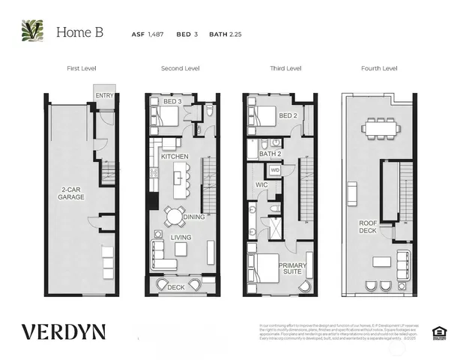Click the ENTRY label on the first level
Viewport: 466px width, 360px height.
pos(103,95)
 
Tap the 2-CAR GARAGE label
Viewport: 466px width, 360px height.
pos(73,193)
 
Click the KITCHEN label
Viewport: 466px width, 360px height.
pos(175,156)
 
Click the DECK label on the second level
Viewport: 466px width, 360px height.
pos(175,286)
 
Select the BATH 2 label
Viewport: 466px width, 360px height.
pos(269,154)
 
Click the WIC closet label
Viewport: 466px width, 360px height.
pos(261,184)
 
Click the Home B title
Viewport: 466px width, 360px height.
pos(79,32)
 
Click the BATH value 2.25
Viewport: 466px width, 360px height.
pos(238,33)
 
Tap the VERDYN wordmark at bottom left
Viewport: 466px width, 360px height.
pos(64,331)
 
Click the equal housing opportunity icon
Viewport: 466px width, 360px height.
pos(439,331)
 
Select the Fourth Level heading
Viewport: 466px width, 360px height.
pos(379,68)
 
